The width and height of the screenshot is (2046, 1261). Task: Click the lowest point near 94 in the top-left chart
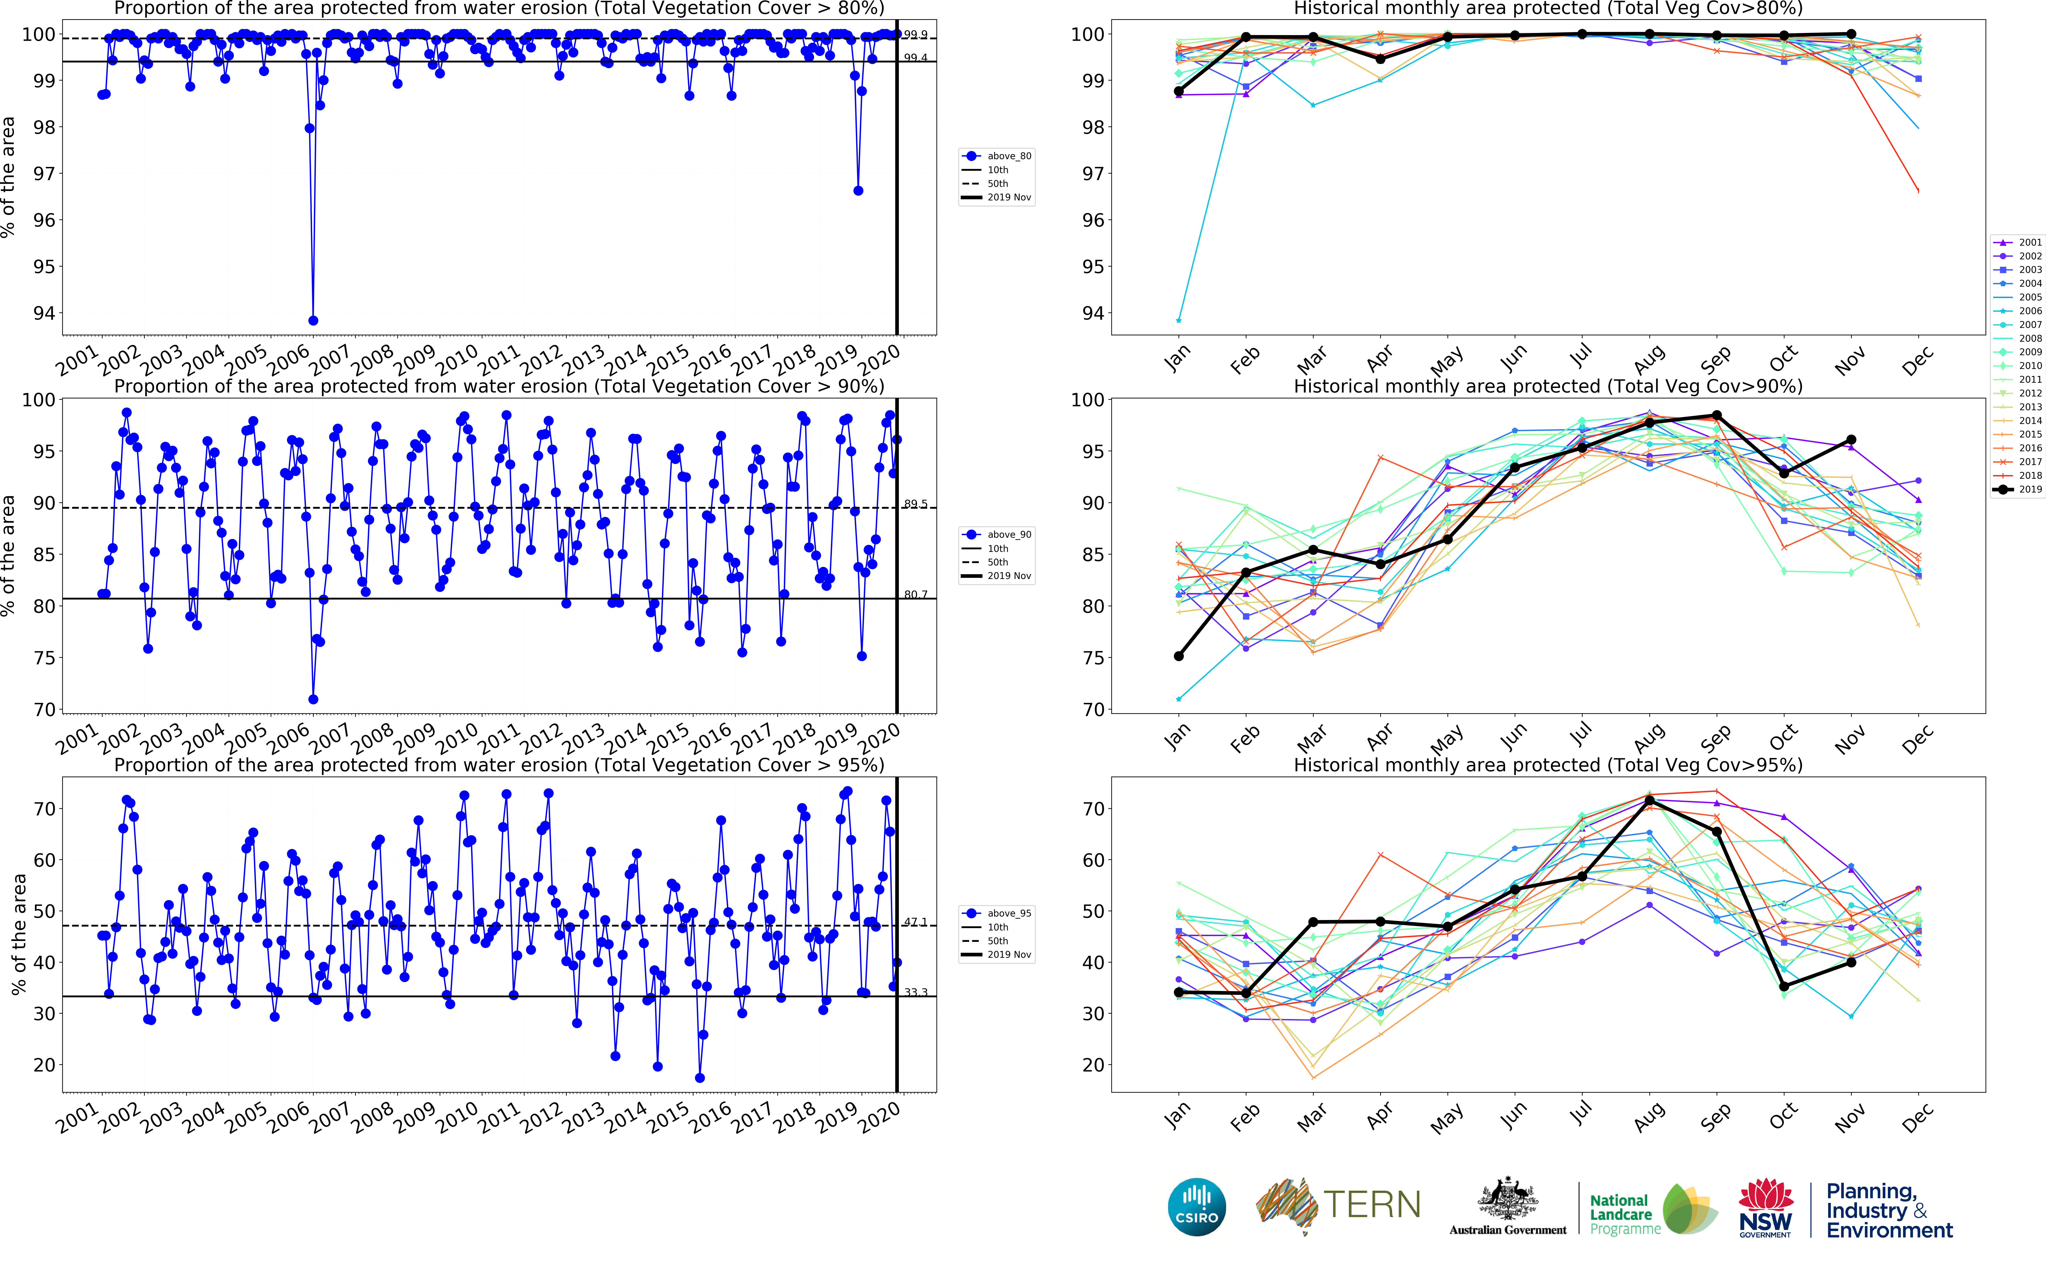313,320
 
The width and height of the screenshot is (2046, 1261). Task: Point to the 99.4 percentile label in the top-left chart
915,58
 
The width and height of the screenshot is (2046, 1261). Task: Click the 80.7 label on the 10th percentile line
915,595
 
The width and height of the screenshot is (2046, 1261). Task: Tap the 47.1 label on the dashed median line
915,922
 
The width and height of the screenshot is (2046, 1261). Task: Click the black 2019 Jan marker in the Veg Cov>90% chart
1178,656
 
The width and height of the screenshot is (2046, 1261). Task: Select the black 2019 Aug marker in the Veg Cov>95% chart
1649,801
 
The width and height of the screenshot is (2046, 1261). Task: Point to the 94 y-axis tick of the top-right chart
1087,314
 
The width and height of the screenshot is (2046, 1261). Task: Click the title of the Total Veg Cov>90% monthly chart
1547,386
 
